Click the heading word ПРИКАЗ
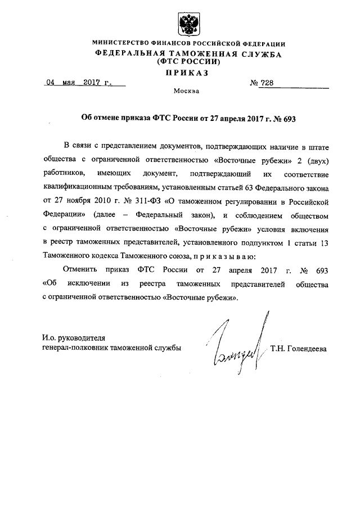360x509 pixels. [187, 73]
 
